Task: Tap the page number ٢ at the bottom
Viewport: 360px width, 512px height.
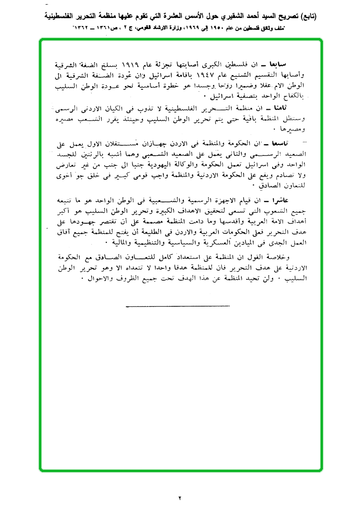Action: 180,498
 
